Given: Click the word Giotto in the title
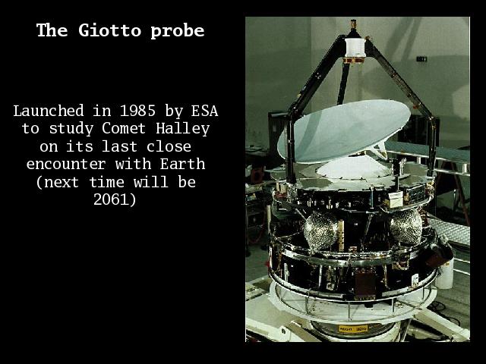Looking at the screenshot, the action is [109, 30].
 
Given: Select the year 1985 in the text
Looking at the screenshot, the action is [137, 111].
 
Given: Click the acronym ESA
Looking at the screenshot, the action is [204, 111].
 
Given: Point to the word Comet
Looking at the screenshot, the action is [124, 128].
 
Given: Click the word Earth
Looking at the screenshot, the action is [182, 164].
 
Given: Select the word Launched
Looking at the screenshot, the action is [49, 111].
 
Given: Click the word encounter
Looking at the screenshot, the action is [66, 165].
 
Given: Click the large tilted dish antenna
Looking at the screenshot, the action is [343, 130].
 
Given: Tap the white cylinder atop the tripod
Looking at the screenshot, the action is [355, 47].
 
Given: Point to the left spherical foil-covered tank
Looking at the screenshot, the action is [320, 230].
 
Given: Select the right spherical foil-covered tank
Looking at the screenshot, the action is [406, 227].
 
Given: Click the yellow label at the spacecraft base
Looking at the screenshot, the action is [353, 328].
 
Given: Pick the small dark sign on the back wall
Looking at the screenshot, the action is [421, 59].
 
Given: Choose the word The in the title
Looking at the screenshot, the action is [52, 30].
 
